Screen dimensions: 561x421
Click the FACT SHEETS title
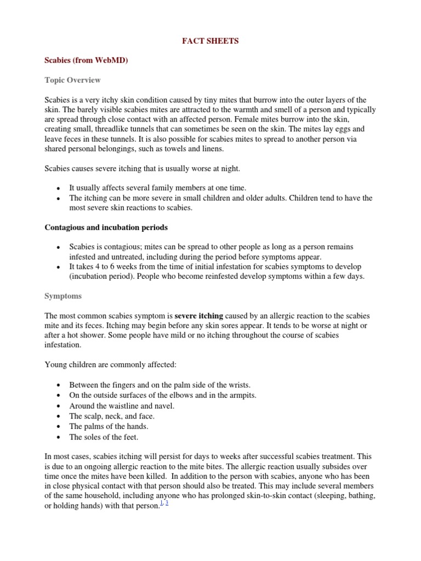[x=210, y=41]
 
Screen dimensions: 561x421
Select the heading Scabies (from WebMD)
[x=86, y=61]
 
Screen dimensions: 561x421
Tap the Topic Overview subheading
[x=72, y=80]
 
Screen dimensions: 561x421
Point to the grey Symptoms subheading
[x=63, y=296]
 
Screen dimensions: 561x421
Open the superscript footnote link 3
[x=167, y=503]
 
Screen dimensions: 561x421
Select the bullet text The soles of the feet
[x=104, y=437]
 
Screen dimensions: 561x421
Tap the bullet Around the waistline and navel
[x=122, y=405]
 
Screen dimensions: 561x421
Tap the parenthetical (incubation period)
[x=101, y=276]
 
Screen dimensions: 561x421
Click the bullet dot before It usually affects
[x=58, y=188]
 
